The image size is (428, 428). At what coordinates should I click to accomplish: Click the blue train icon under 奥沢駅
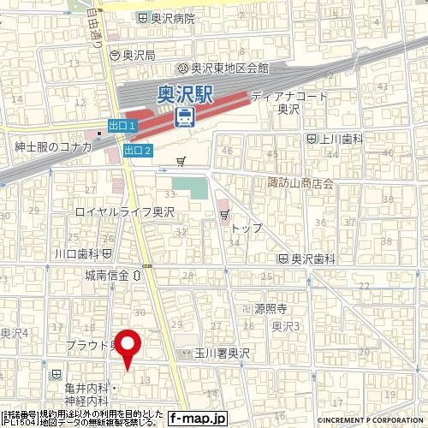183,116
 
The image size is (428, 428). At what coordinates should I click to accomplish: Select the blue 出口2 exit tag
137,152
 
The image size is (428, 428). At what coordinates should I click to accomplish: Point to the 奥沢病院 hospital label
172,18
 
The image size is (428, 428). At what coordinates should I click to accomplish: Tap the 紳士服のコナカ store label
53,146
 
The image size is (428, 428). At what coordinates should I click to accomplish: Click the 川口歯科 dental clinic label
77,254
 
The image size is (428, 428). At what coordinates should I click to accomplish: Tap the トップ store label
247,229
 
